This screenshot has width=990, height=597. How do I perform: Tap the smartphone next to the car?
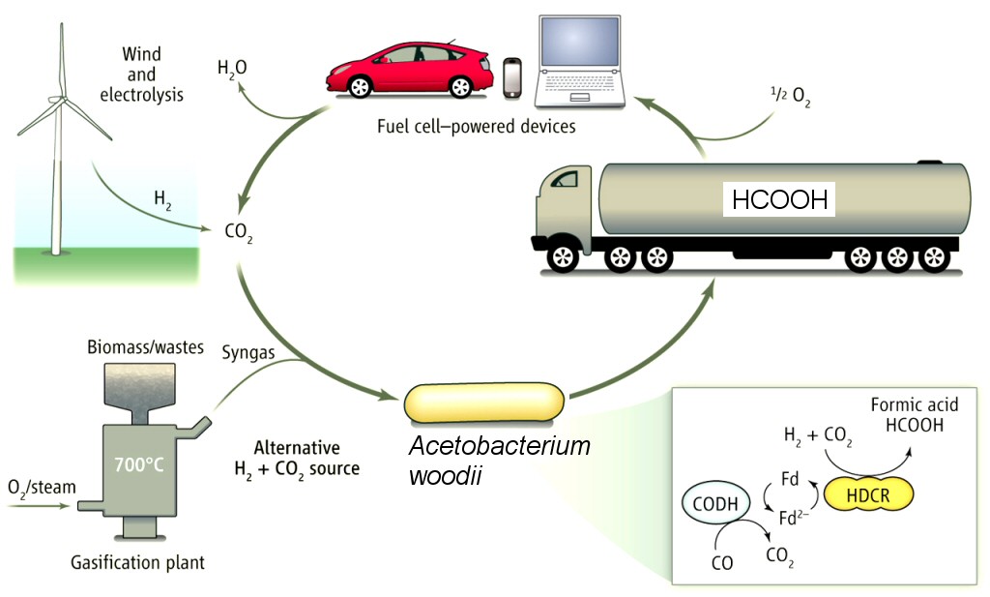pyautogui.click(x=513, y=79)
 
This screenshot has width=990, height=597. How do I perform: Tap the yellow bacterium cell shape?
pyautogui.click(x=484, y=403)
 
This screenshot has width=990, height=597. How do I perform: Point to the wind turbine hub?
pyautogui.click(x=61, y=99)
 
